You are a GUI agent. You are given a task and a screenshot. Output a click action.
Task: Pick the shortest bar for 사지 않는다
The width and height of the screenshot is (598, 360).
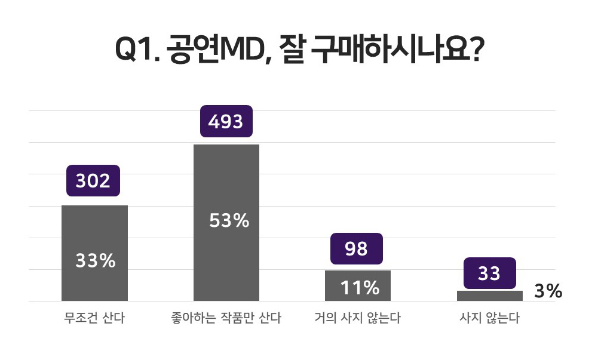click(x=489, y=296)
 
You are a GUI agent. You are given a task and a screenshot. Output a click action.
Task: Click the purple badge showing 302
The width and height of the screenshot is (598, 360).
click(x=93, y=180)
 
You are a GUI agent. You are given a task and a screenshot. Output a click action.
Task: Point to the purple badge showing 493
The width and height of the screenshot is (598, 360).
click(x=226, y=121)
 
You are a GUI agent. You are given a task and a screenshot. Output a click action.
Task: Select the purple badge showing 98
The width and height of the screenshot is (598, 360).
click(x=357, y=248)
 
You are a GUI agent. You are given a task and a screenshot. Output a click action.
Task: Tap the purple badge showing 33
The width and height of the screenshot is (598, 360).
click(x=489, y=273)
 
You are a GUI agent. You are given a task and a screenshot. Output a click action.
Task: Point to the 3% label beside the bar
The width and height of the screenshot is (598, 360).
click(x=548, y=291)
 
